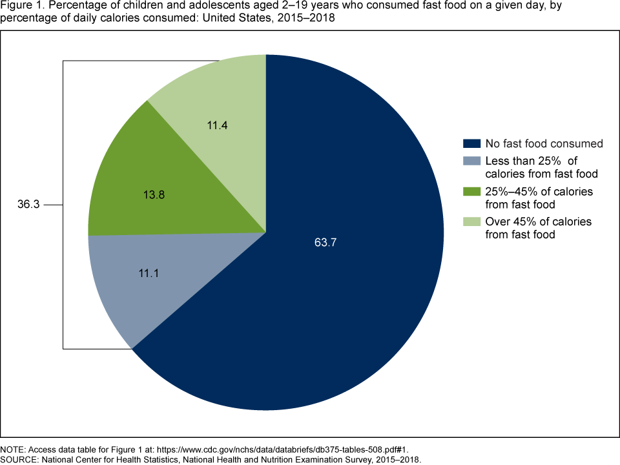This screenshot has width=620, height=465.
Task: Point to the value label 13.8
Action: click(154, 193)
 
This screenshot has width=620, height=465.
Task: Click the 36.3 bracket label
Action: click(28, 205)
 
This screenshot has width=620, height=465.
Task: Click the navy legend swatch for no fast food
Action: click(471, 143)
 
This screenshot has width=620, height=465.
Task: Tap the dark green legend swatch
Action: click(471, 192)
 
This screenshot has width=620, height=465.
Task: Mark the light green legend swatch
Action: click(471, 222)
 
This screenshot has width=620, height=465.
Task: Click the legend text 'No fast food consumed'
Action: click(544, 143)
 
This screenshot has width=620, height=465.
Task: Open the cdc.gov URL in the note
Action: click(284, 449)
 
